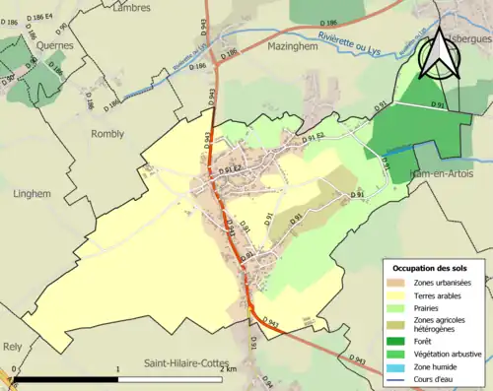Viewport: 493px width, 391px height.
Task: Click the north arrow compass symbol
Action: click(x=437, y=54)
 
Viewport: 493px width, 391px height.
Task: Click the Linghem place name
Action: click(x=32, y=194)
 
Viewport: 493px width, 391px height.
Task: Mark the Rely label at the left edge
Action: click(x=12, y=347)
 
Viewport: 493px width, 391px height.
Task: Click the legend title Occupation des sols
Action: click(x=432, y=268)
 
